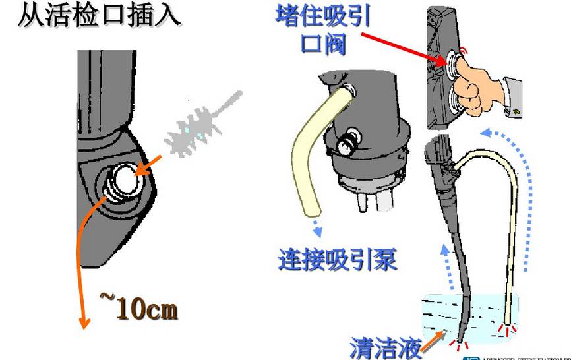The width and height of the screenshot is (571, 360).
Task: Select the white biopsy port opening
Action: pos(123,178)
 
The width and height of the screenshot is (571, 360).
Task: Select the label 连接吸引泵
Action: pos(338,259)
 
